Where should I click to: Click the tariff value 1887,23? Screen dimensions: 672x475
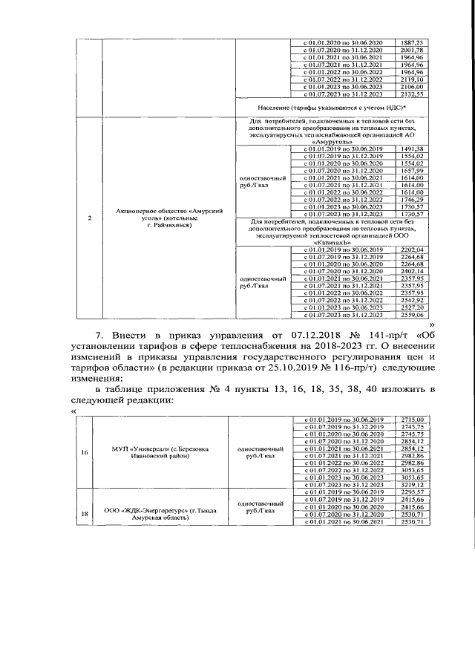click(411, 43)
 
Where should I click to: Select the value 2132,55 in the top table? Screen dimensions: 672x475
click(411, 95)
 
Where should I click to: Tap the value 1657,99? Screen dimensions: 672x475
click(411, 171)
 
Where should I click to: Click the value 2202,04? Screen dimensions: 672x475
click(411, 249)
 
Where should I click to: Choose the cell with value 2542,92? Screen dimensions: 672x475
click(411, 300)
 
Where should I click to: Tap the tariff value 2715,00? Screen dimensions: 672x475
click(411, 420)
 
